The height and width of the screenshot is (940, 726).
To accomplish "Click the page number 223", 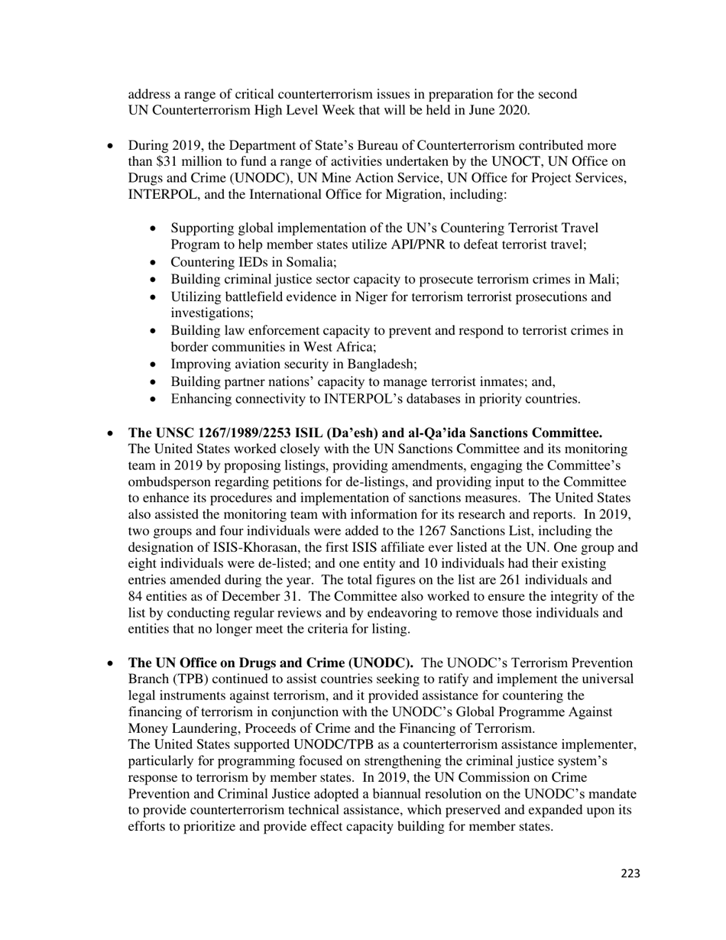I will coord(630,874).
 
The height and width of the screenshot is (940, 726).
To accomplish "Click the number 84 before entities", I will coord(136,597).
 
